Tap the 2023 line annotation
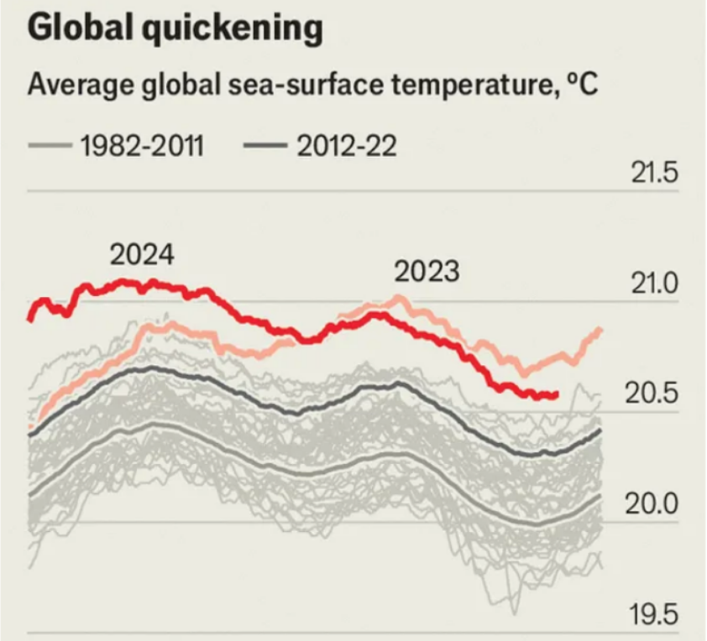pyautogui.click(x=427, y=272)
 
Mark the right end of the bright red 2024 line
pyautogui.click(x=555, y=394)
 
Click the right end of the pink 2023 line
pyautogui.click(x=600, y=330)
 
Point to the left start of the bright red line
pyautogui.click(x=30, y=319)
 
